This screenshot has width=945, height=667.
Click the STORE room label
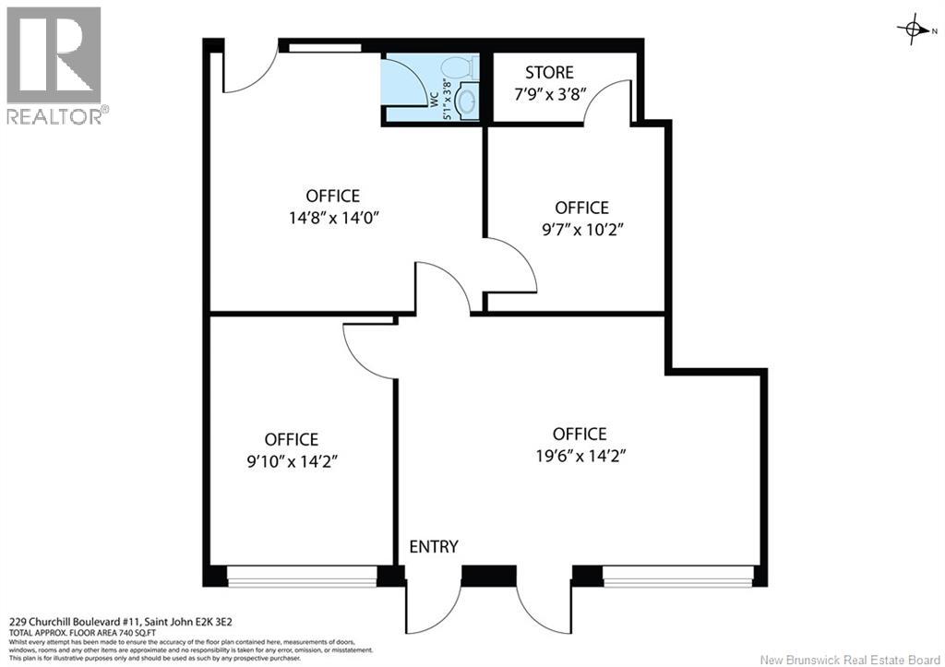549,72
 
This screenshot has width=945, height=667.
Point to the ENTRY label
434,546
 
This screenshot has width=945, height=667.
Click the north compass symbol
913,29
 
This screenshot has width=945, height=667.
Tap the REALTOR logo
54,66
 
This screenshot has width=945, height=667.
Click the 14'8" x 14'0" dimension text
333,218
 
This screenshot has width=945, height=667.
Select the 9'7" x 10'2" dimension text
582,230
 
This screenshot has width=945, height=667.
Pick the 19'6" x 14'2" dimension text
581,456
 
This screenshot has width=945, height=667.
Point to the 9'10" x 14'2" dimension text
292,461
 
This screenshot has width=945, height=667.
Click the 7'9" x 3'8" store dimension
550,95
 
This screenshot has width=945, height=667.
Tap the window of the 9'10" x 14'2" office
302,576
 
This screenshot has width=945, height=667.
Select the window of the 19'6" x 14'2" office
678,576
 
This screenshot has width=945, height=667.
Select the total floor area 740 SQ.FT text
82,633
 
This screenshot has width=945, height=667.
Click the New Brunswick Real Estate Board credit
849,660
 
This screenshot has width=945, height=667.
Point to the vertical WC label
433,99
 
